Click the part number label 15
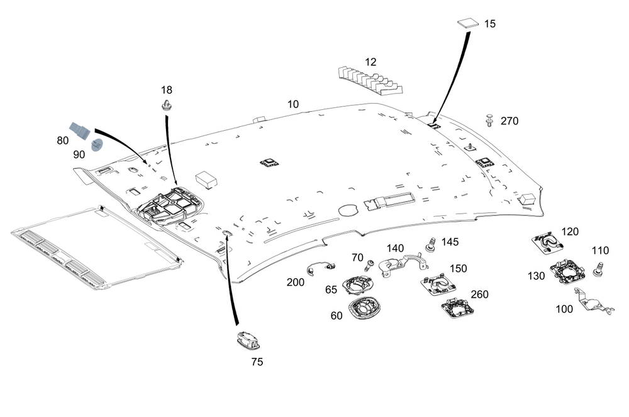[x=490, y=24]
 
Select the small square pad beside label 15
[x=466, y=23]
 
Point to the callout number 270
[x=509, y=121]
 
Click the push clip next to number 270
[x=490, y=120]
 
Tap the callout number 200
[x=295, y=283]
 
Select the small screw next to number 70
[x=370, y=264]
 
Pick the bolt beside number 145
[x=431, y=244]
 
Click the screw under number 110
[x=600, y=270]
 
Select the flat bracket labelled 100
[x=593, y=301]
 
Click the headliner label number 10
[x=293, y=104]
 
